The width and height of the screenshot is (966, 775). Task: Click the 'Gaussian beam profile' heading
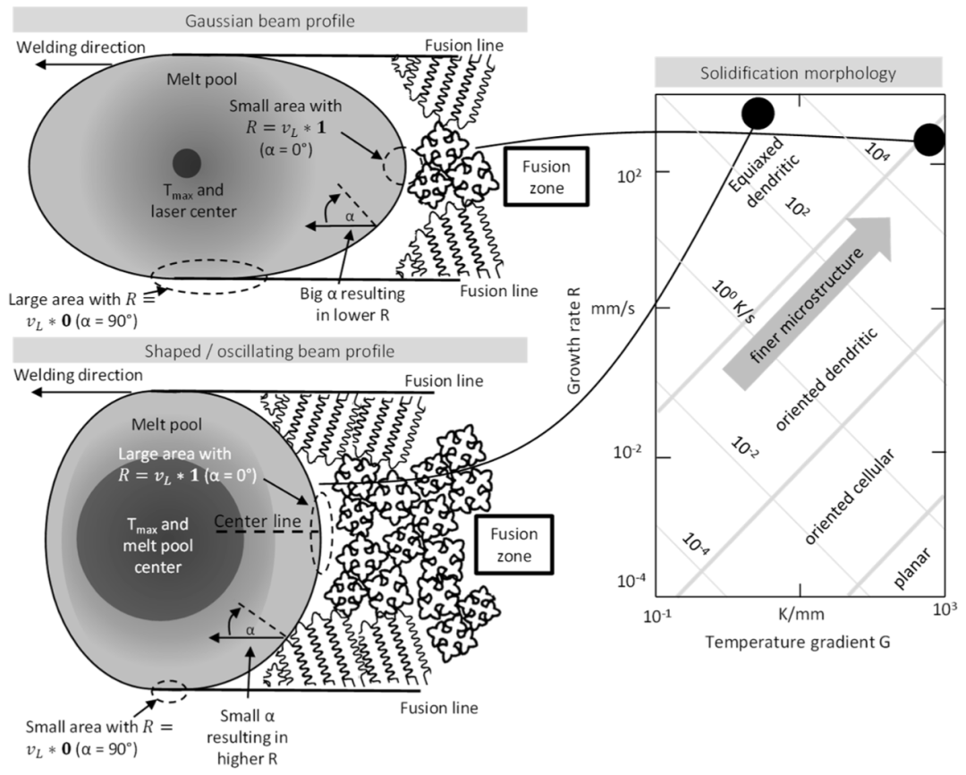tap(270, 21)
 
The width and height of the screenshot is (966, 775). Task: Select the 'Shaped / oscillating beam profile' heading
tap(269, 351)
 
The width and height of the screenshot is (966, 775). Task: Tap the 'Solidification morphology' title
tap(798, 73)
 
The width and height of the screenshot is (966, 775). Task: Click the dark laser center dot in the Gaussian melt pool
tap(187, 163)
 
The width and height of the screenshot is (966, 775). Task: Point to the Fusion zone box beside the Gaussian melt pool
tap(547, 176)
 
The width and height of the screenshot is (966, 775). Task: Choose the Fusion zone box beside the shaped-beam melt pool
tap(514, 544)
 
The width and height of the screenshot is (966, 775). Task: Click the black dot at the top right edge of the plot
tap(929, 140)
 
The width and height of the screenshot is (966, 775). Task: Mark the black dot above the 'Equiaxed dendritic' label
tap(758, 113)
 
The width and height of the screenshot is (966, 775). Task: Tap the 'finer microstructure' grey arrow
tap(807, 303)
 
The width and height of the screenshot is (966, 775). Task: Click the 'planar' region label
tap(911, 568)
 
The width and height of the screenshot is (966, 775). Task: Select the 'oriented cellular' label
tap(850, 497)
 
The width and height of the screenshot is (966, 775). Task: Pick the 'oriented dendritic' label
tap(826, 379)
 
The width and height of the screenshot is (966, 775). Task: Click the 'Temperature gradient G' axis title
tap(798, 643)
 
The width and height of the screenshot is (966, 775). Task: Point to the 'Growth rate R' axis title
tap(574, 340)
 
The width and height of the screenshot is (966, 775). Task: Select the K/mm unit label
tap(801, 614)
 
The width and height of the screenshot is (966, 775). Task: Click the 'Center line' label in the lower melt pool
tap(258, 521)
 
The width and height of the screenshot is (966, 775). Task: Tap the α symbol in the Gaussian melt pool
tap(350, 217)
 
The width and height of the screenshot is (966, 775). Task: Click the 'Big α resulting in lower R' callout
tap(352, 304)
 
